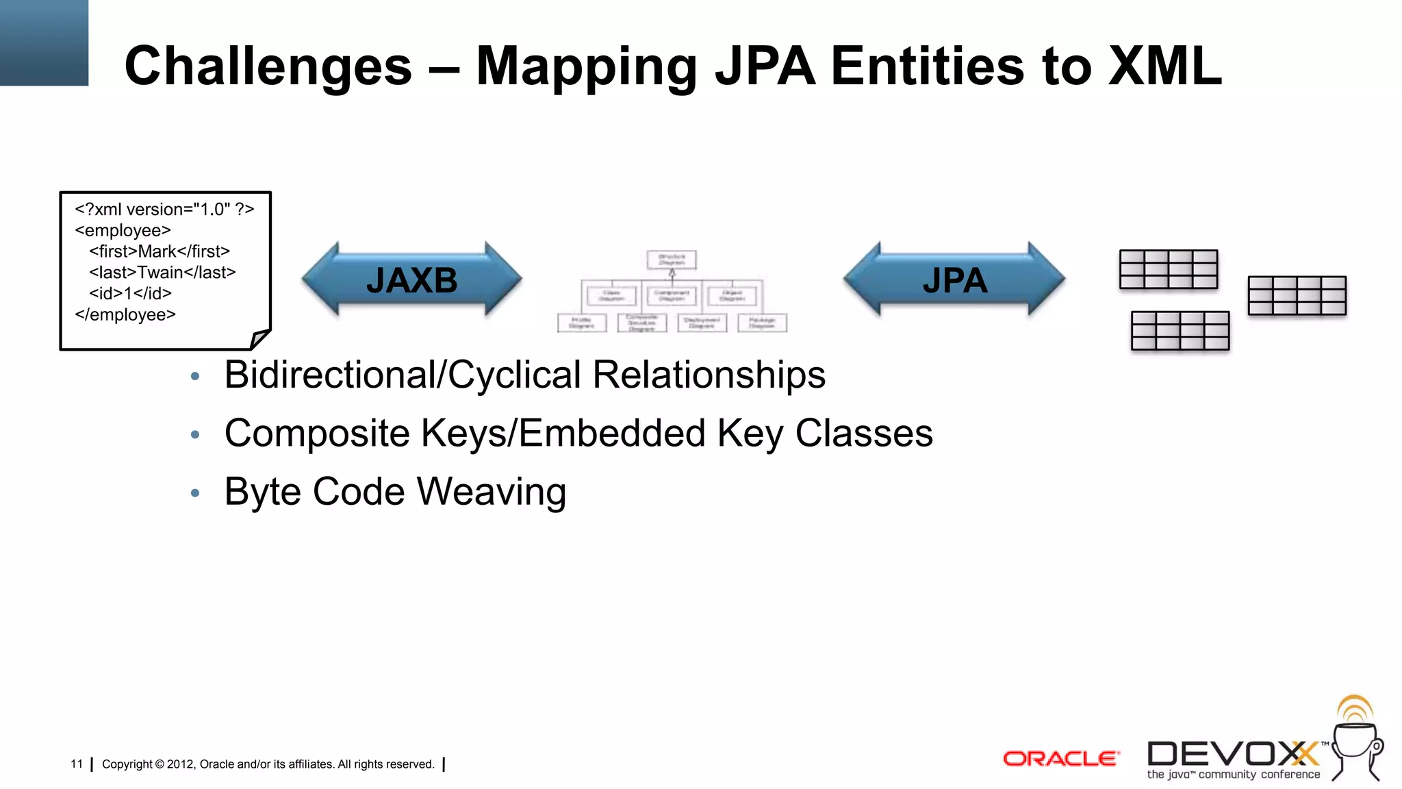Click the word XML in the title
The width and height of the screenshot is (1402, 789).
pos(1164,66)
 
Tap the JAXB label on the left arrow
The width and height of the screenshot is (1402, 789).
pos(411,280)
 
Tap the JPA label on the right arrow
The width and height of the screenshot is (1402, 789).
pos(954,280)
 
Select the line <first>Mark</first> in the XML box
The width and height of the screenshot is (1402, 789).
pos(160,251)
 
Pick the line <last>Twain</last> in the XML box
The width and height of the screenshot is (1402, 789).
pos(162,273)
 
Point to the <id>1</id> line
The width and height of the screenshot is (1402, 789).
pos(130,294)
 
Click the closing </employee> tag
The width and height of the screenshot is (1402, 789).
pos(125,315)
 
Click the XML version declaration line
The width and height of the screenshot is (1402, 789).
pos(164,210)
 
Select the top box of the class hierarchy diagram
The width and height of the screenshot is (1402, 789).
pos(672,260)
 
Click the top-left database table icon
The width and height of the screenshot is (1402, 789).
pos(1168,269)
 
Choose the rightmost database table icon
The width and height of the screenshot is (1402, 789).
pos(1297,296)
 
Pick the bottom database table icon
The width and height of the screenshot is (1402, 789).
pos(1180,331)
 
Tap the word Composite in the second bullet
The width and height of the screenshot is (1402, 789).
pos(317,433)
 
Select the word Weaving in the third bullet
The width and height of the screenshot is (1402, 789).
pos(492,492)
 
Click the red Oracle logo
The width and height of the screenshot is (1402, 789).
pos(1060,759)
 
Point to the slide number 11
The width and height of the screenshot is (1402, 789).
pos(77,764)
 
